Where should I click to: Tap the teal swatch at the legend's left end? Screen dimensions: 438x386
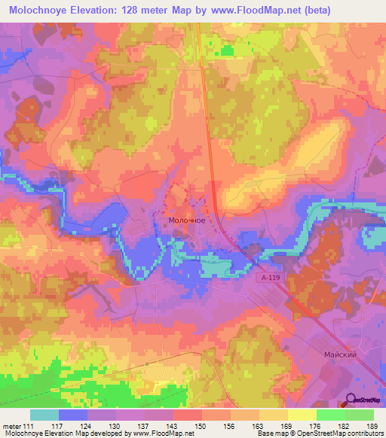(44, 415)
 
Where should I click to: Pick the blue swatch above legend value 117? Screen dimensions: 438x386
(73, 415)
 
